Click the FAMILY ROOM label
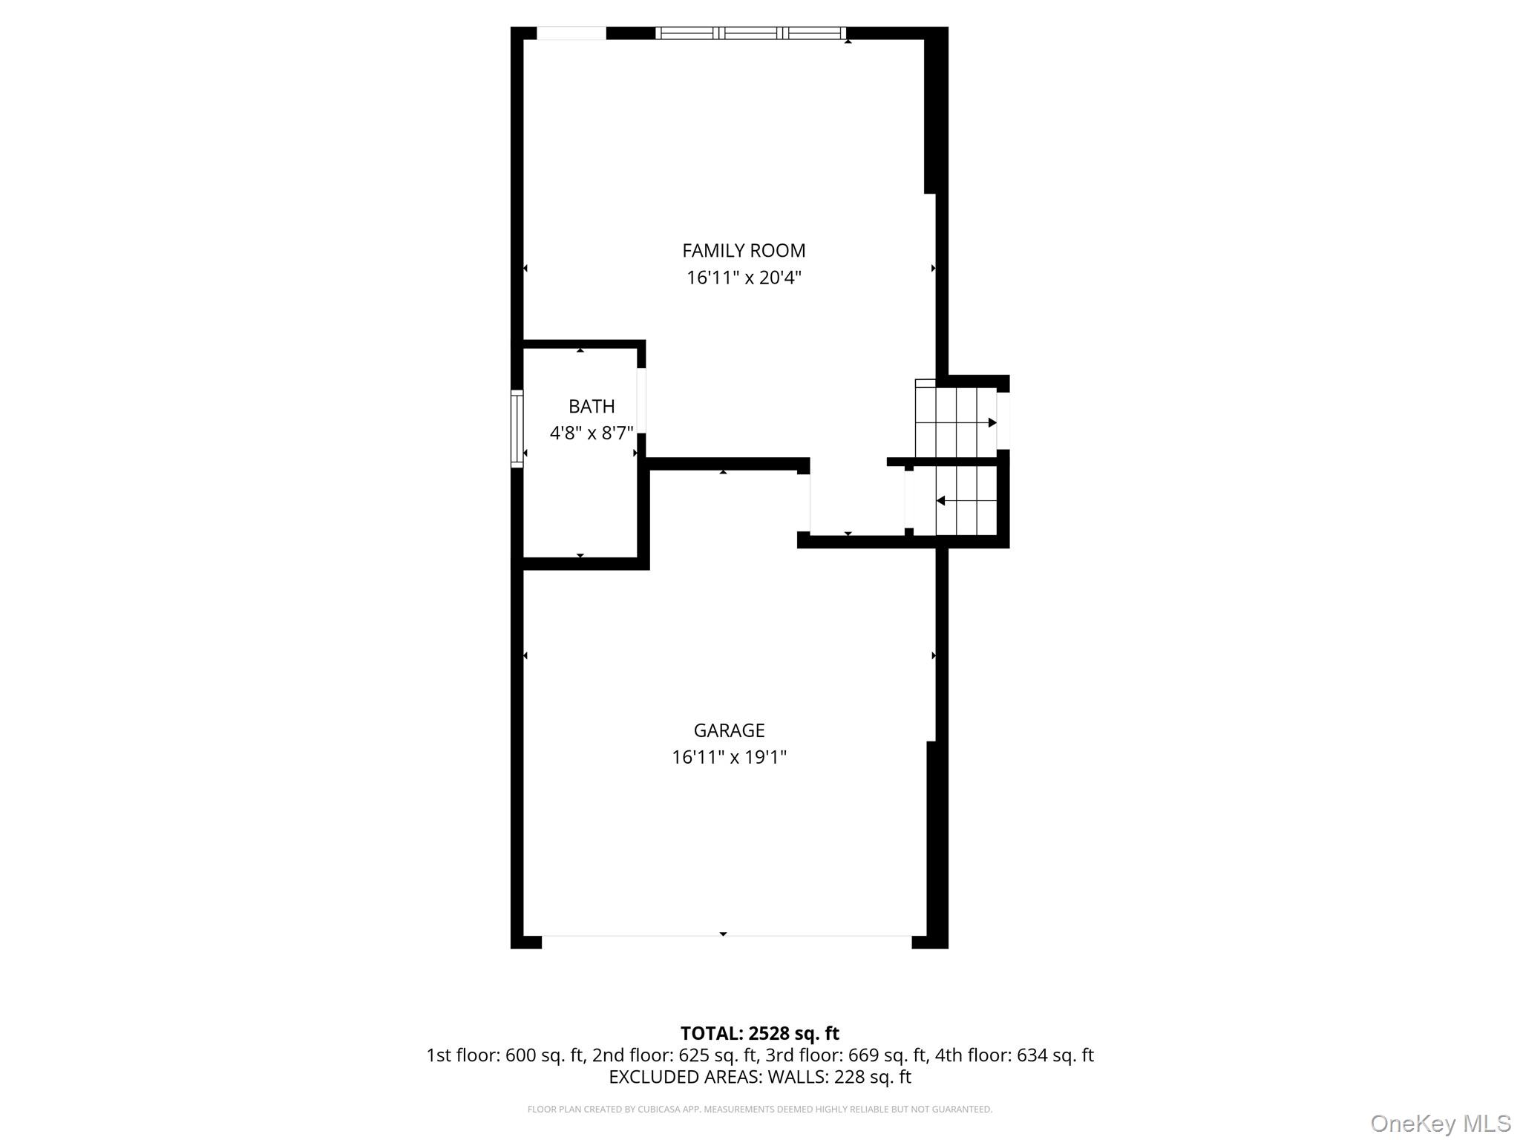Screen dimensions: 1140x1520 (744, 251)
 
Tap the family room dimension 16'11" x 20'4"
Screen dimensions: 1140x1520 (744, 278)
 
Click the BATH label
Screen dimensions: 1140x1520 (592, 407)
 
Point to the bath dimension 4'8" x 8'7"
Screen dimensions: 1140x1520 (592, 433)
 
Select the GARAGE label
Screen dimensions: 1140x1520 (729, 731)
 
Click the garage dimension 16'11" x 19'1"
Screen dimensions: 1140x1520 (729, 758)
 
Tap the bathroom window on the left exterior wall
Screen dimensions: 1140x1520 (517, 429)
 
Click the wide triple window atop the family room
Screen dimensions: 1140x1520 (751, 33)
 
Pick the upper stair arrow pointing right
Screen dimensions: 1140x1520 (992, 423)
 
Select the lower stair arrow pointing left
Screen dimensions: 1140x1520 (941, 501)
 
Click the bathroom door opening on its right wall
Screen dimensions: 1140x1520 (641, 401)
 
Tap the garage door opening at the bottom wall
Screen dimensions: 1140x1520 (726, 941)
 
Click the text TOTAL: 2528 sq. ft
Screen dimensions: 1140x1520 (759, 1033)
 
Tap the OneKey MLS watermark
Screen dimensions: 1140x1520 (1440, 1123)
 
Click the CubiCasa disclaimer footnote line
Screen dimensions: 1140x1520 (759, 1110)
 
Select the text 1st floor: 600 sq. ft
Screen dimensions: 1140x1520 (505, 1055)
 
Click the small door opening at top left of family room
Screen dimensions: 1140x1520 (571, 33)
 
